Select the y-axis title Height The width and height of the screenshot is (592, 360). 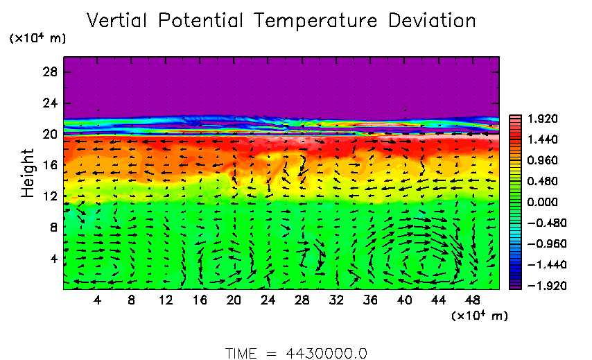point(28,173)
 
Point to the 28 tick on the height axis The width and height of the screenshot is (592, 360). point(51,72)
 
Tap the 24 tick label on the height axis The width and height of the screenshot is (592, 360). point(51,103)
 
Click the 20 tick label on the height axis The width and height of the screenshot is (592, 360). point(51,135)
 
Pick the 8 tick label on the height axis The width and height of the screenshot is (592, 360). point(54,227)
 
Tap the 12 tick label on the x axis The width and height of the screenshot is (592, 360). point(166,300)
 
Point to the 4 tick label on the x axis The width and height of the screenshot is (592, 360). point(98,300)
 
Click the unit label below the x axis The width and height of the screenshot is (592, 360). point(480,316)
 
